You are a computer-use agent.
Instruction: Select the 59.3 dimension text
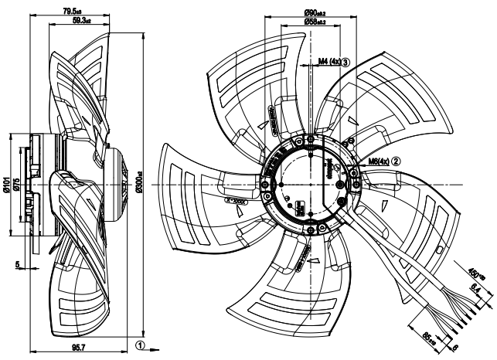[x=77, y=22]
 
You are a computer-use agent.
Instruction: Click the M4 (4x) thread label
[x=328, y=61]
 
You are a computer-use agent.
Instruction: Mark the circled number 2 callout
[x=396, y=162]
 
